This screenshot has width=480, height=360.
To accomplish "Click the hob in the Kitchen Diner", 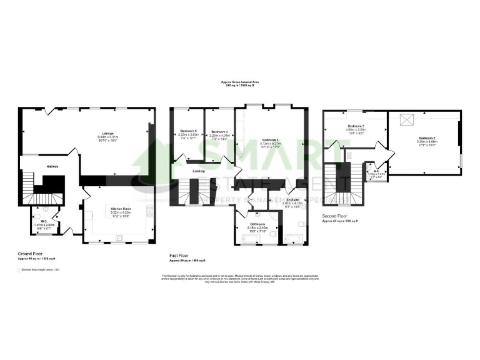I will [150, 211].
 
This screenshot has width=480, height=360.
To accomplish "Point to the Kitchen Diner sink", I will [118, 237].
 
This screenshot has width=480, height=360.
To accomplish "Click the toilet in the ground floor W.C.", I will [39, 211].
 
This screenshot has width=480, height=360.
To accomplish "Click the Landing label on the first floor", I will [199, 170].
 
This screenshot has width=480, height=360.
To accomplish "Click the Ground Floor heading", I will [29, 254].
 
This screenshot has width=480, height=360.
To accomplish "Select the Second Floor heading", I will [335, 217].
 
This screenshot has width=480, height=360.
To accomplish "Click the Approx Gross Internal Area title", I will [240, 82].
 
